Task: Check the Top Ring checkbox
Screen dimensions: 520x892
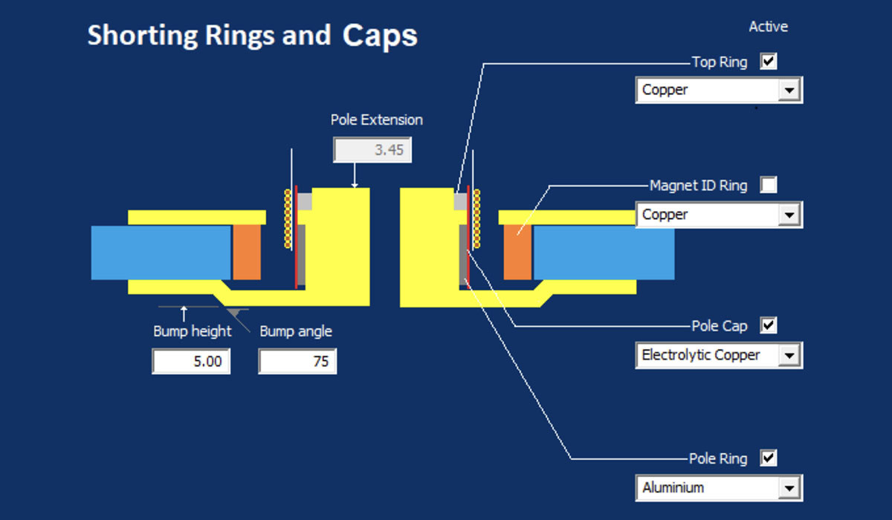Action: tap(769, 62)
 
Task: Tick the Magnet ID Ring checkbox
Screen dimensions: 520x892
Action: tap(769, 185)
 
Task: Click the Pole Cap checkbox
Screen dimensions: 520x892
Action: tap(769, 325)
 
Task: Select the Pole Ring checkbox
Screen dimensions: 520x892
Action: tap(769, 458)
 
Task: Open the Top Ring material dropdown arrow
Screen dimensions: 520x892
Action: tap(789, 91)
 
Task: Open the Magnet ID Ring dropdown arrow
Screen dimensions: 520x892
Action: tap(789, 215)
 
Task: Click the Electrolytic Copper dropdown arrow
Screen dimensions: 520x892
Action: tap(789, 356)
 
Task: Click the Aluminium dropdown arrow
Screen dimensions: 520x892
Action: tap(789, 488)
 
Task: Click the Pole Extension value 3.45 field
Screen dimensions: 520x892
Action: tap(372, 150)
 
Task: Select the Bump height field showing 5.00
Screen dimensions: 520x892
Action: tap(191, 363)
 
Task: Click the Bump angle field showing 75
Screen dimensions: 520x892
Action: tap(297, 363)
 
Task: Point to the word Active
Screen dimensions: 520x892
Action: tap(768, 27)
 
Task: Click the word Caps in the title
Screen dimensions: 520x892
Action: tap(380, 36)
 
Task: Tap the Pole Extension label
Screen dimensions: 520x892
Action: tap(376, 120)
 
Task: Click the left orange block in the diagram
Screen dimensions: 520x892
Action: tap(247, 253)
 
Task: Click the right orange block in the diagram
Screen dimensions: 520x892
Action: tap(518, 253)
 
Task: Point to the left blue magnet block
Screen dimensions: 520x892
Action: tap(161, 253)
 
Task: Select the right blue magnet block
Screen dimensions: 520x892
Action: tap(604, 253)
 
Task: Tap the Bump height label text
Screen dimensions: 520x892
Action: tap(193, 331)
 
